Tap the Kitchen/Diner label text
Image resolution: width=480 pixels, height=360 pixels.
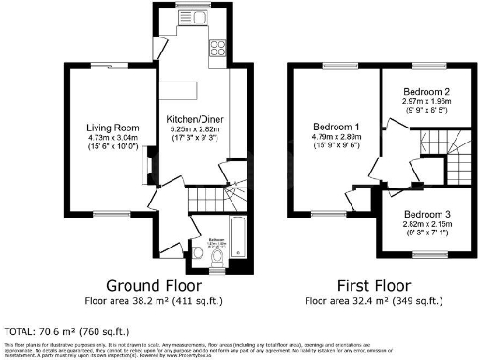tap(194, 120)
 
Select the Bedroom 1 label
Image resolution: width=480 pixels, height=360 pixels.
tap(336, 126)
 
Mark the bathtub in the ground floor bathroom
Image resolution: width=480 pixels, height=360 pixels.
tap(235, 237)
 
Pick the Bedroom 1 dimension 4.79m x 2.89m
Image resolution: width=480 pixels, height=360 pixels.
tap(336, 137)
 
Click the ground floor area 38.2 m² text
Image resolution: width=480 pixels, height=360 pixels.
tap(148, 301)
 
